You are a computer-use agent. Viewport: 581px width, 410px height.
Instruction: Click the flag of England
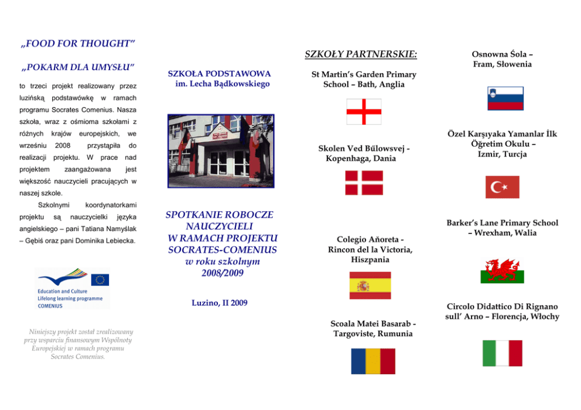click(x=364, y=111)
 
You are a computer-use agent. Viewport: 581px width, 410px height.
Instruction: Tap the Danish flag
click(x=364, y=182)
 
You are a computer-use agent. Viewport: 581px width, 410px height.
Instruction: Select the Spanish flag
click(x=370, y=285)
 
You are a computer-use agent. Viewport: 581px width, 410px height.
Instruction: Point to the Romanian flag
click(x=373, y=361)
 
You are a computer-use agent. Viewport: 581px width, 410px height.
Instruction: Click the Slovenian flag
click(x=505, y=98)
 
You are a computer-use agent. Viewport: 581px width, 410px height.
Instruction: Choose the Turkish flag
click(x=502, y=187)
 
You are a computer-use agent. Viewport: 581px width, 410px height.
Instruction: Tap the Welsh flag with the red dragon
click(x=502, y=271)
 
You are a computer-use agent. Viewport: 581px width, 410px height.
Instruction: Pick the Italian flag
click(x=502, y=353)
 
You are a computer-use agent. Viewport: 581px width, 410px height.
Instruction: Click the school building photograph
click(x=220, y=150)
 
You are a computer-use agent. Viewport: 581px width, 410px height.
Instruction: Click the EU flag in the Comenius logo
click(x=100, y=279)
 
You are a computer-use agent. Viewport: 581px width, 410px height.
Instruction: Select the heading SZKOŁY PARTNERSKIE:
click(x=361, y=55)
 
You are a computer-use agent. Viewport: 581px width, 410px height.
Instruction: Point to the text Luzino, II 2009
click(x=220, y=303)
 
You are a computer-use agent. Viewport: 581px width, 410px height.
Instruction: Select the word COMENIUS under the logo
click(x=50, y=305)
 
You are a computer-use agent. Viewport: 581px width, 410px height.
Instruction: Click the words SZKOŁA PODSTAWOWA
click(x=219, y=74)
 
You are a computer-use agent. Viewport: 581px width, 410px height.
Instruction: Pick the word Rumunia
click(x=395, y=334)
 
